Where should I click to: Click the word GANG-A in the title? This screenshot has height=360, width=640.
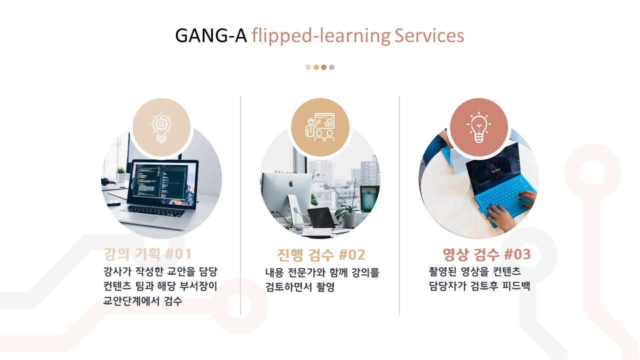211,35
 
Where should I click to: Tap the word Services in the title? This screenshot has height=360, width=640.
429,35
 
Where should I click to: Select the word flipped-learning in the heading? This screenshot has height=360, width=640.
321,36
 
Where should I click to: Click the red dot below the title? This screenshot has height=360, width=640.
323,67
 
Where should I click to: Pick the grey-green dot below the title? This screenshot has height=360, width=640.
331,67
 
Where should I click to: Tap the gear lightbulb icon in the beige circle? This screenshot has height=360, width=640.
161,127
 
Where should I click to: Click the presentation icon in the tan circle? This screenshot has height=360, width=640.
320,127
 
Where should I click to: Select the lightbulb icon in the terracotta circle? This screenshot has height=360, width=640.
479,127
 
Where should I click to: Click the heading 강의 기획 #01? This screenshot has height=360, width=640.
147,253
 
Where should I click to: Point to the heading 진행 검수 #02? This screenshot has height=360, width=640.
321,254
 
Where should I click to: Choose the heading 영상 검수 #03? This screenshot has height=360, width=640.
486,254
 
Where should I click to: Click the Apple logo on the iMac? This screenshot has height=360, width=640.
291,183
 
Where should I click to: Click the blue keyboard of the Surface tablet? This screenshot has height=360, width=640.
505,195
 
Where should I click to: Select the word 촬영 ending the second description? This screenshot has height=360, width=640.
325,287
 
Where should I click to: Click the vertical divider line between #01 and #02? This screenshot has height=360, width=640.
240,205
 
